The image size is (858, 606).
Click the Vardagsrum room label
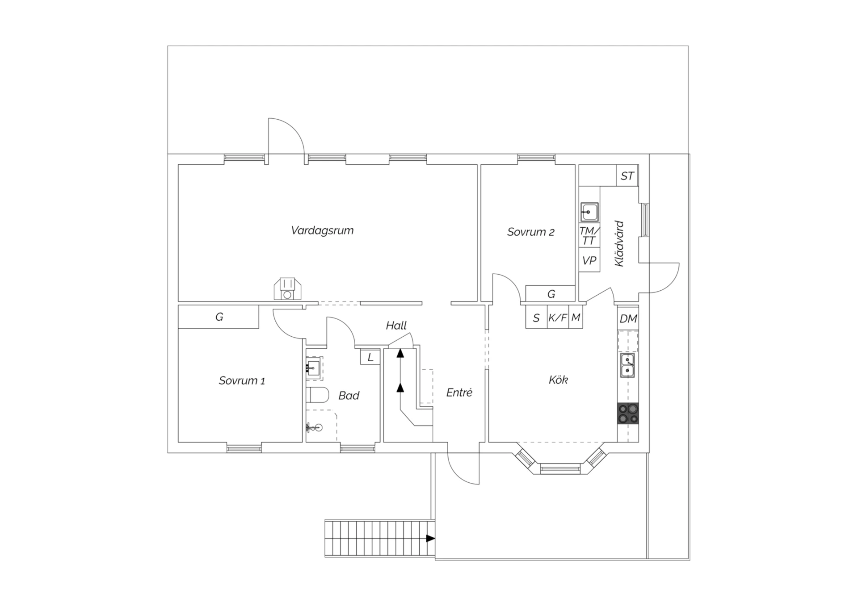[x=322, y=230]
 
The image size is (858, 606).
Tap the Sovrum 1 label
[x=242, y=380]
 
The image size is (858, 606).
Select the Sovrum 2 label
[x=530, y=232]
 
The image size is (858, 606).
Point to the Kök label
[x=558, y=380]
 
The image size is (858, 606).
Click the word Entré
[x=459, y=393]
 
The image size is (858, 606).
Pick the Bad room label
[x=349, y=395]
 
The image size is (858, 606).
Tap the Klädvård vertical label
[x=619, y=243]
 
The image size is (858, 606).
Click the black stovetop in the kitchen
[x=628, y=413]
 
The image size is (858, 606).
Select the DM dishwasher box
[x=628, y=318]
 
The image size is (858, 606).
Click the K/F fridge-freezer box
[x=558, y=318]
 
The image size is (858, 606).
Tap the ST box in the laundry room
[x=627, y=176]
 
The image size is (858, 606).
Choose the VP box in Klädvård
[x=589, y=260]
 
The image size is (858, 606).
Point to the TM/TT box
[x=589, y=236]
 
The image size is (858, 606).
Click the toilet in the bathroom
[x=317, y=395]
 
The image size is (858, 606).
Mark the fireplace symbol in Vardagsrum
[x=287, y=289]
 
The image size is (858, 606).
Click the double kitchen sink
[x=628, y=365]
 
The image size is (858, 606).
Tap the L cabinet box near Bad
[x=370, y=357]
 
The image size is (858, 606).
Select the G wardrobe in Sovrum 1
[x=219, y=317]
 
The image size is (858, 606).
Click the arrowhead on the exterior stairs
[x=430, y=538]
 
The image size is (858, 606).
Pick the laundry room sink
[x=589, y=212]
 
